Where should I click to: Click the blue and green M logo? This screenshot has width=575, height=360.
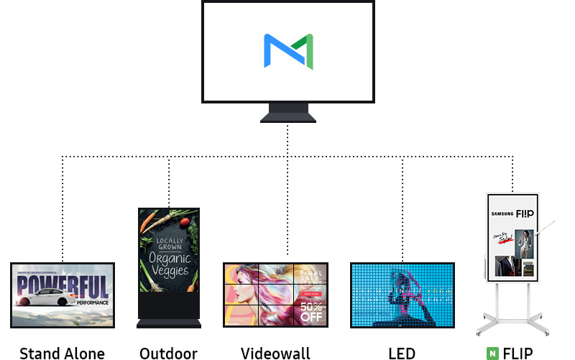287,51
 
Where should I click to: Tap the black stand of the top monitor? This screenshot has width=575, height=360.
287,114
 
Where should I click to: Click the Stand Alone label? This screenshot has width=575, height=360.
63,353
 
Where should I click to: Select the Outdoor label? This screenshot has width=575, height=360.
168,353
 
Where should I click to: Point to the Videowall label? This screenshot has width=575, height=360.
275,353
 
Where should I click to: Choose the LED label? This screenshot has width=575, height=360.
402,353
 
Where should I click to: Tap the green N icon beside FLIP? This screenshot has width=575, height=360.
492,353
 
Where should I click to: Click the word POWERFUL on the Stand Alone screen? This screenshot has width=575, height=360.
63,286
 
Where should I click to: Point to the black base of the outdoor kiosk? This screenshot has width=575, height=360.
169,310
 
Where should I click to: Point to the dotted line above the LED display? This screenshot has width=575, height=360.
402,208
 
